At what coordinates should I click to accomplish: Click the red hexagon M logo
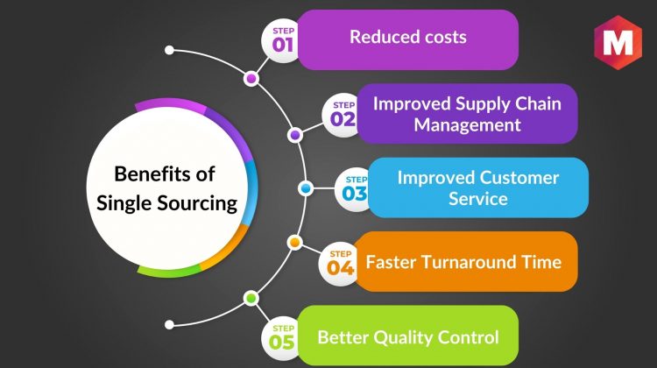click(618, 42)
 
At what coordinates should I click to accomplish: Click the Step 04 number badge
click(338, 264)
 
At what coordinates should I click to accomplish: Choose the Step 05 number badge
click(281, 338)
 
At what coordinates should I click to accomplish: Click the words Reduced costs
click(408, 37)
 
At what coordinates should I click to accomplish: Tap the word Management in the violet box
click(467, 125)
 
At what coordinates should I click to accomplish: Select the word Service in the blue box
click(478, 199)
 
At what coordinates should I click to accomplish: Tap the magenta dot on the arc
click(251, 78)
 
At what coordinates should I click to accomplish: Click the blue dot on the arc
click(306, 188)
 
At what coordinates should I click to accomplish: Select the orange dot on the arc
click(295, 242)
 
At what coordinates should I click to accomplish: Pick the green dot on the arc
click(251, 299)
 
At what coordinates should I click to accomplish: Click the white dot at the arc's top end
click(169, 50)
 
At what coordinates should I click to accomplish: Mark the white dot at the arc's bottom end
click(169, 325)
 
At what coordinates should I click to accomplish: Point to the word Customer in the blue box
click(518, 178)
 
